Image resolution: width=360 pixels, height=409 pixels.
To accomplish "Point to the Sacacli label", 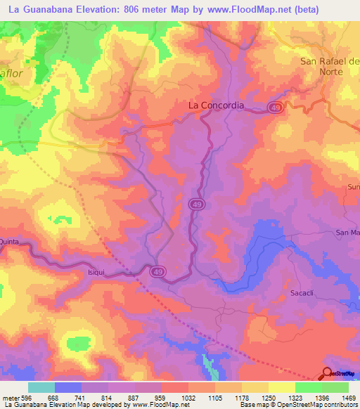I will coord(304,291).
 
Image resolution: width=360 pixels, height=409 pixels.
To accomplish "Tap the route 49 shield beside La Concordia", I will coord(275,107).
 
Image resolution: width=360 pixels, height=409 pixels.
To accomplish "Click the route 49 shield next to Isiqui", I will coord(160,271).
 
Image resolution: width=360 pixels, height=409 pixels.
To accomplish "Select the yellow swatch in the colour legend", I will coord(281,387).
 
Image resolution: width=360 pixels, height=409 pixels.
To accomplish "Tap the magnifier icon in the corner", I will coord(328,373).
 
